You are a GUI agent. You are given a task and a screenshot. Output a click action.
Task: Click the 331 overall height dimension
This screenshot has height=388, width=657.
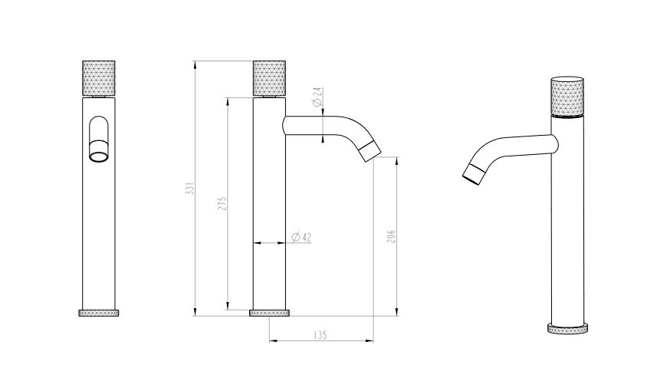190,189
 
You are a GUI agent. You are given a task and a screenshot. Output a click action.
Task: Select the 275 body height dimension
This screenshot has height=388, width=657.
222,203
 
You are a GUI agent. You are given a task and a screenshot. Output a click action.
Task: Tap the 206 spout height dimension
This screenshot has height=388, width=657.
391,237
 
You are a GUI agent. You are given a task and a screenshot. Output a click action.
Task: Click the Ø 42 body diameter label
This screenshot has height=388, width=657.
301,237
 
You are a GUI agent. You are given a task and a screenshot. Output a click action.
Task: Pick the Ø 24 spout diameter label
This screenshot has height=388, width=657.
317,97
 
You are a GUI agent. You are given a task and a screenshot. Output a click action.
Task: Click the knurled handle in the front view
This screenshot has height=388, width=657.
98,78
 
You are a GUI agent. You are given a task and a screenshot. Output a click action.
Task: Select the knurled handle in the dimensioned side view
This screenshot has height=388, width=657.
269,78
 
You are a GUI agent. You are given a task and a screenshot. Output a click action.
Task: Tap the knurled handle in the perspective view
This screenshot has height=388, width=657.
567,97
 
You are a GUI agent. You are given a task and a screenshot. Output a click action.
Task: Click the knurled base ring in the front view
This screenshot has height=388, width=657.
99,313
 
